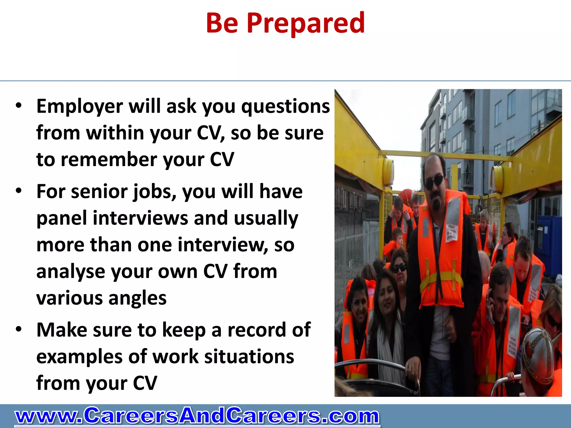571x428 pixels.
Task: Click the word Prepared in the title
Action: tap(306, 23)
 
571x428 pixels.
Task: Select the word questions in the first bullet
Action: tap(285, 107)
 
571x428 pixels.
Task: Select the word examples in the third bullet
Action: tap(79, 357)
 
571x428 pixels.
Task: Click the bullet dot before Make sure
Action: tap(19, 329)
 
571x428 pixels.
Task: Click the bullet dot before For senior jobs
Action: tap(19, 191)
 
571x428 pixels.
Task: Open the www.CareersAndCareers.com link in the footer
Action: tap(197, 416)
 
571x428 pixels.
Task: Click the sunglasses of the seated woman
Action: tap(399, 269)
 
